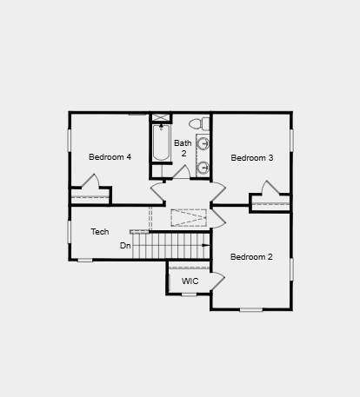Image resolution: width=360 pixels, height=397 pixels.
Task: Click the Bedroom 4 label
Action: [110, 157]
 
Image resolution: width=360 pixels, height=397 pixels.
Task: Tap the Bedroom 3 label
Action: [252, 158]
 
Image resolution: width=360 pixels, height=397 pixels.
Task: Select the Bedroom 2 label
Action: [251, 257]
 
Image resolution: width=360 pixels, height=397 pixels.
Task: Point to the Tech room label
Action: [100, 232]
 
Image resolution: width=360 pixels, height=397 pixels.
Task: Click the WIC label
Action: [190, 281]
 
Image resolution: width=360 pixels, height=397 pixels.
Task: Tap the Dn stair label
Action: [125, 246]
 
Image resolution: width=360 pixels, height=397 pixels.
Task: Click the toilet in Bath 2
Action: [199, 123]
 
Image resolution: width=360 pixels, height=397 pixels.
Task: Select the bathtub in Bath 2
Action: [161, 142]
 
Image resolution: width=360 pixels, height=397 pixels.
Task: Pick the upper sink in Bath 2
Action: [203, 143]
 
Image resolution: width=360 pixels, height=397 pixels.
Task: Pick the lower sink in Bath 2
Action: [203, 167]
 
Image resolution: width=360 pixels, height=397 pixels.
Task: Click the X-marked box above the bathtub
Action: [161, 117]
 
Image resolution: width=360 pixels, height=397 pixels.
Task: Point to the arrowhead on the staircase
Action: [206, 245]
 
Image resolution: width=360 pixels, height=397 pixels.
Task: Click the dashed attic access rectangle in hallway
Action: [189, 217]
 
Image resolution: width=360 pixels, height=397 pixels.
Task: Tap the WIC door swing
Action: [218, 281]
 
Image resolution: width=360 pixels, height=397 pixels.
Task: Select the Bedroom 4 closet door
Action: [90, 181]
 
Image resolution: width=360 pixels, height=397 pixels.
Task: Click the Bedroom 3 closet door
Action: [271, 188]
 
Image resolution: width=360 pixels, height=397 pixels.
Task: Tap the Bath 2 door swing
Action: [182, 172]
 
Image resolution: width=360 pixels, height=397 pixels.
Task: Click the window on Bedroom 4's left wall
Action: [70, 140]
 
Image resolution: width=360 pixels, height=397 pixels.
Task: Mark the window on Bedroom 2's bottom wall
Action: [251, 310]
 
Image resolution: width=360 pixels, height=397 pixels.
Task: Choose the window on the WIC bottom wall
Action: [189, 294]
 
